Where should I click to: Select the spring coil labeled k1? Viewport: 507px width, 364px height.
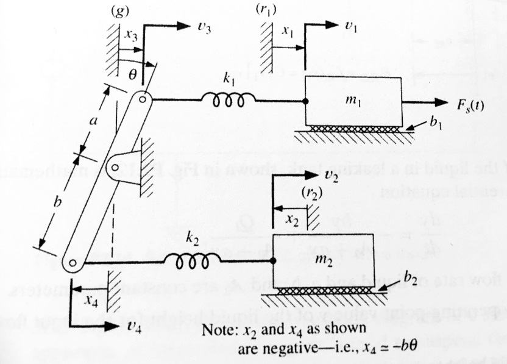pyautogui.click(x=233, y=99)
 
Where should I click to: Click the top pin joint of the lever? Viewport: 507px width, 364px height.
pyautogui.click(x=143, y=99)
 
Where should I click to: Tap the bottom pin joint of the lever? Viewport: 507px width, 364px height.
pyautogui.click(x=73, y=263)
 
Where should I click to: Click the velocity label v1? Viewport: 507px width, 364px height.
pyautogui.click(x=352, y=27)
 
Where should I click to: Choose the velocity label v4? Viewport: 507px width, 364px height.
pyautogui.click(x=132, y=327)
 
